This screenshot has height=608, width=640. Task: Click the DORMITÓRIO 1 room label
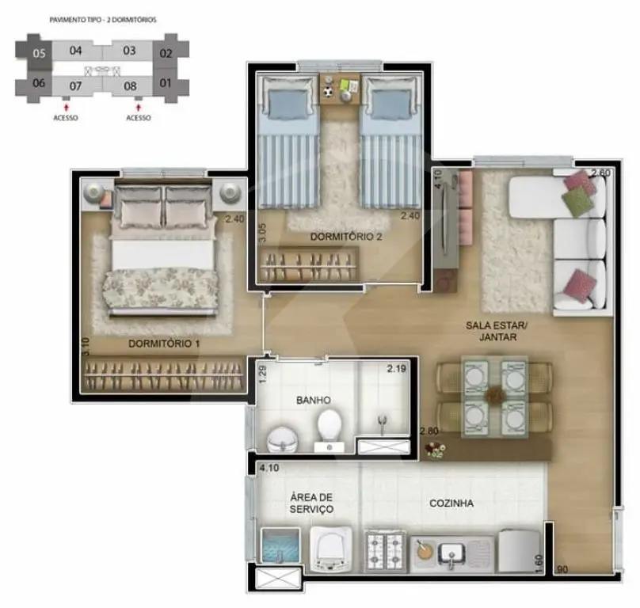point(164,344)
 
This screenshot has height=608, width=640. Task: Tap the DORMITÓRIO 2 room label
point(346,237)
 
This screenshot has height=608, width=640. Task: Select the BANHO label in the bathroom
point(314,400)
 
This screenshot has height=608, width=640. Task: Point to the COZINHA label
point(451,503)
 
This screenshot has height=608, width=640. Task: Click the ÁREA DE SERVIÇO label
point(311,503)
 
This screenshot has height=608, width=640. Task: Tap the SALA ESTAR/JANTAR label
point(497,331)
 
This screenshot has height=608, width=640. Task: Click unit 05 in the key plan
point(39,54)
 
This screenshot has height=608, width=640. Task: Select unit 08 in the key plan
point(130,86)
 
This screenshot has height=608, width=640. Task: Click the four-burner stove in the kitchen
point(385,550)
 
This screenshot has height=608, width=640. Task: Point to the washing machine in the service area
point(331,549)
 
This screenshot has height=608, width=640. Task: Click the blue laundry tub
point(280,546)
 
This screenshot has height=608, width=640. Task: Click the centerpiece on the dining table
point(495,395)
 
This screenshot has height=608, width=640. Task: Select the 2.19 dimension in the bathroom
point(396,369)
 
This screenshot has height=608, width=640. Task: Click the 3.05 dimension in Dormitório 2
point(262,233)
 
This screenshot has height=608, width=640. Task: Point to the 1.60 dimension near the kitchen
point(539,564)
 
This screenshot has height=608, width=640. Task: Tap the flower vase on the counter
point(435,450)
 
